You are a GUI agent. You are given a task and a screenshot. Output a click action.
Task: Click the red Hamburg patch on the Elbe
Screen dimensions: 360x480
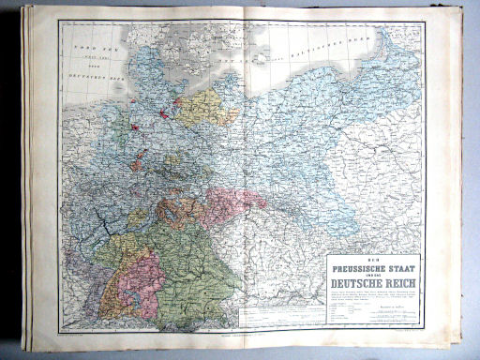pos(163,113)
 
